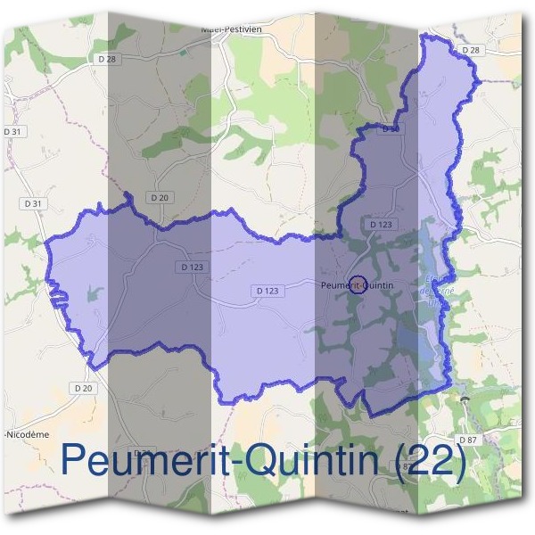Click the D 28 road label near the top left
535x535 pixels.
click(x=107, y=58)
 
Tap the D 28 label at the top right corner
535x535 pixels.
click(x=471, y=50)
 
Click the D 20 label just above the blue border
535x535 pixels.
click(x=160, y=197)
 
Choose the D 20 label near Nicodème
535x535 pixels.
click(x=83, y=388)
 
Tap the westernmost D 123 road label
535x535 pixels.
click(x=191, y=266)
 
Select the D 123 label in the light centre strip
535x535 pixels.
click(x=267, y=291)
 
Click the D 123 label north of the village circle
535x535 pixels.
click(x=380, y=224)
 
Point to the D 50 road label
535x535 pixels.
click(x=390, y=129)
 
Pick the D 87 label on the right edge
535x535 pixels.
click(x=468, y=440)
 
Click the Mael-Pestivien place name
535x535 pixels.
click(x=237, y=27)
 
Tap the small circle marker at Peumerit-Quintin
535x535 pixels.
click(x=356, y=284)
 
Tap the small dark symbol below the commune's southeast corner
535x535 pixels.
click(x=465, y=400)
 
